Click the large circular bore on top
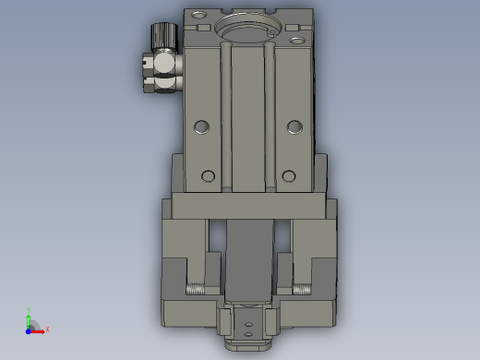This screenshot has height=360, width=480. pos(246,31)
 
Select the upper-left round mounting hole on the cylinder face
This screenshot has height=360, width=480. pos(201,126)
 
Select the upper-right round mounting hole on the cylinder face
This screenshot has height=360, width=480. pos(294,126)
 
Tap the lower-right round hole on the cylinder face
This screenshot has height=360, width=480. pos(289,175)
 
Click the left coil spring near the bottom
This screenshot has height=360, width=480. pos(197,288)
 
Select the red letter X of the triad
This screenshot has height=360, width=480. pos(47,329)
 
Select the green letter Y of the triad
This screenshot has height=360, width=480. pos(29,309)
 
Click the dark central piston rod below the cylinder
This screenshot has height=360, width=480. pos(246,258)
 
